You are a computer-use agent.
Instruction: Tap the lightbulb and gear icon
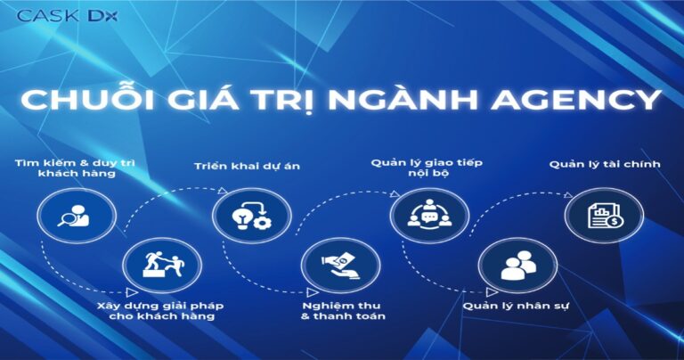pos(250,216)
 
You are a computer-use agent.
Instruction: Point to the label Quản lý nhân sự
pos(517,307)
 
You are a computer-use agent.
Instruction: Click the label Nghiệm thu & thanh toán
pos(343,312)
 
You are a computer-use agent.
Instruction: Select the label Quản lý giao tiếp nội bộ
pos(419,169)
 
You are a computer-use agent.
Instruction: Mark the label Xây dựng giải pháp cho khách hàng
pos(159,312)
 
